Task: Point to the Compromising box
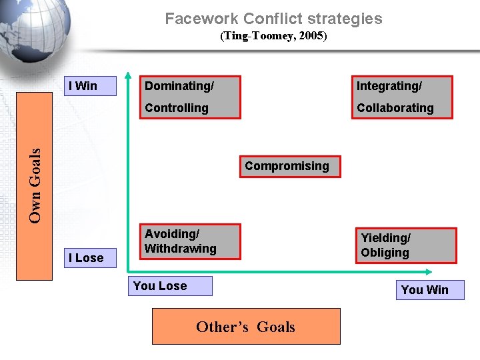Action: (287, 167)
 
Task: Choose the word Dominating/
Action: (179, 86)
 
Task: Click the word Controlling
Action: (177, 108)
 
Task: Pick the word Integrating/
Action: (389, 86)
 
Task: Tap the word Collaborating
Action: (395, 108)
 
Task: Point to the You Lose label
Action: (169, 286)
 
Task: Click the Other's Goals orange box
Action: (246, 326)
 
